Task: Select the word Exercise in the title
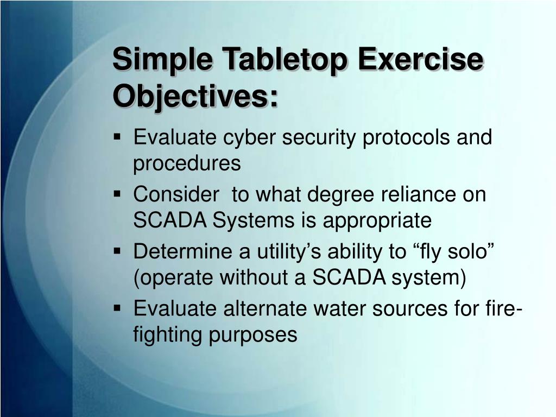pos(421,58)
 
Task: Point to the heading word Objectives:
pos(195,97)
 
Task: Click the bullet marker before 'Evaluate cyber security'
pos(117,137)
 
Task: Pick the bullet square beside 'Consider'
pos(117,194)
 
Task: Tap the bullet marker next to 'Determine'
pos(117,251)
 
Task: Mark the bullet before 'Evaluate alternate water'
pos(117,308)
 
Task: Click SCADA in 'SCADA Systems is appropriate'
pos(170,220)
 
